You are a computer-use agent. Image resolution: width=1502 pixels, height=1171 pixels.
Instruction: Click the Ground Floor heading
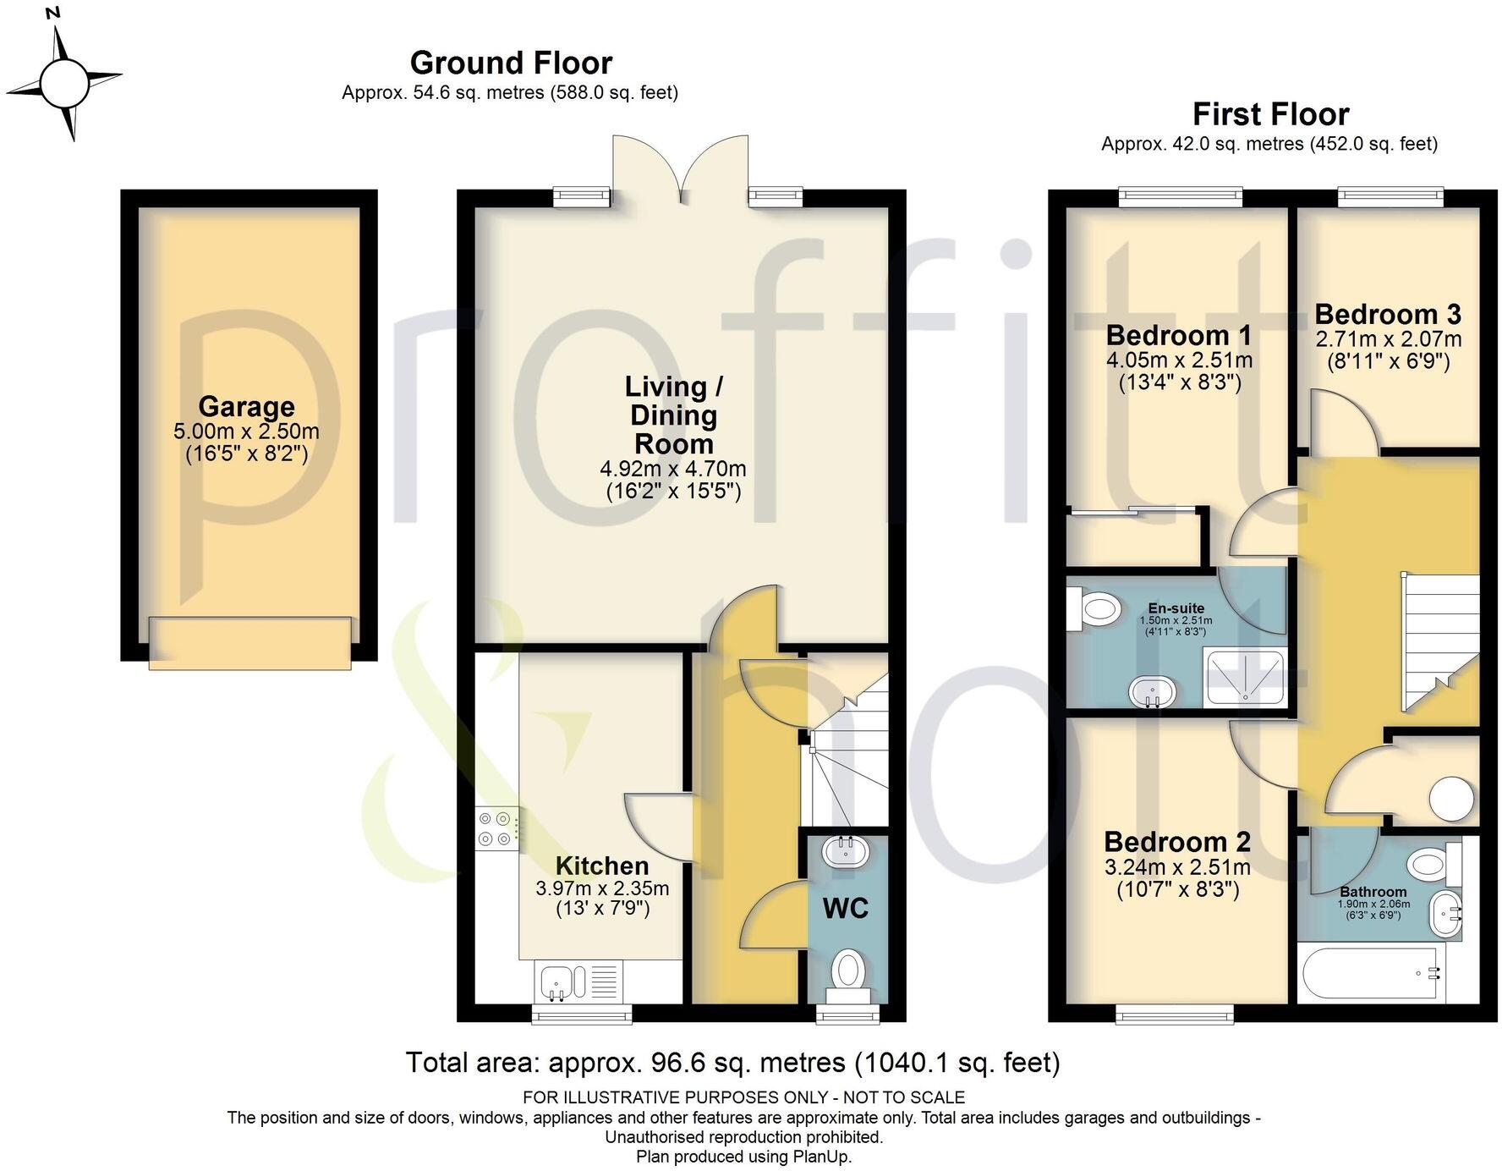tap(511, 63)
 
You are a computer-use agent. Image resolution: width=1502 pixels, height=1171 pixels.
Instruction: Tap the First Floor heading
tap(1270, 113)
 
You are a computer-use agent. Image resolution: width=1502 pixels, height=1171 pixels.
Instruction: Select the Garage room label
tap(246, 407)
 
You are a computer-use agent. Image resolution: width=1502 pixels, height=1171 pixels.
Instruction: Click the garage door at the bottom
tap(249, 643)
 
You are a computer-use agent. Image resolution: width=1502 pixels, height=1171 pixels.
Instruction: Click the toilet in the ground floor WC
tap(847, 970)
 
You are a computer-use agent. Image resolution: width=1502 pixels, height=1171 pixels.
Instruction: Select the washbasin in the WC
tap(845, 850)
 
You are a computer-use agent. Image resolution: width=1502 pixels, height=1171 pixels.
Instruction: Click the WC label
tap(846, 909)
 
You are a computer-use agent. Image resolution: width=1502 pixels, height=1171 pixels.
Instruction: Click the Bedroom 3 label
tap(1387, 315)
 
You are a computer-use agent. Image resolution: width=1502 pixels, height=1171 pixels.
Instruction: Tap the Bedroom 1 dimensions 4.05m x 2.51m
tap(1179, 360)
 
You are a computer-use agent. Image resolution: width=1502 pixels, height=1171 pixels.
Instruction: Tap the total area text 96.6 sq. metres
tap(732, 1062)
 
